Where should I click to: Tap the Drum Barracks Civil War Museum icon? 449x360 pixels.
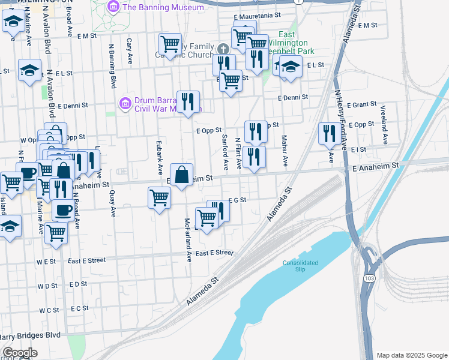125,103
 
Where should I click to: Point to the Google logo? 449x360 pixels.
20,353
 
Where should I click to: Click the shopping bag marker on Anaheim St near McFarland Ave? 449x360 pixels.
182,175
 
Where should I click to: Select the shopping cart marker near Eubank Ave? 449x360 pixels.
159,197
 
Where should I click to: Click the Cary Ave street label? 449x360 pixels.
130,52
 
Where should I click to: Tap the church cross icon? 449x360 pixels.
223,49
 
